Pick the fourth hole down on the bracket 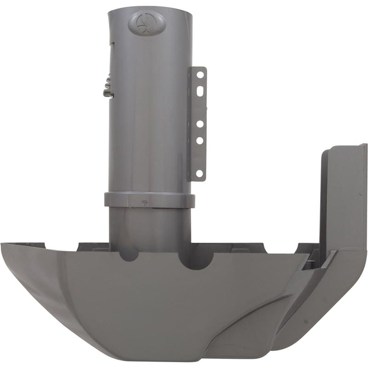coord(200,140)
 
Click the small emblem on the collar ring coord(144,202)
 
